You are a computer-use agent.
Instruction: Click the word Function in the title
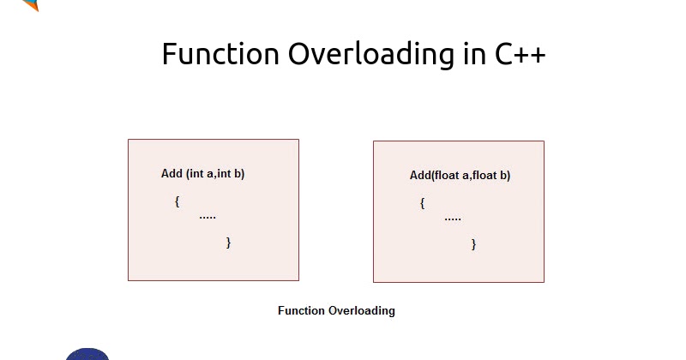pos(220,54)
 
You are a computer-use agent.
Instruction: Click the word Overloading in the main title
pos(369,54)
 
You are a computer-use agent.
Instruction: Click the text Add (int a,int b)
pos(203,173)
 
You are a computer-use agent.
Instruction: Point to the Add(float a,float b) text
pos(460,176)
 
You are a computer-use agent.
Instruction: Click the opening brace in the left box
pos(177,201)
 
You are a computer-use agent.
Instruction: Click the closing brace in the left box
pos(228,243)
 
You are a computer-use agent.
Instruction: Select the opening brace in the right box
pos(422,203)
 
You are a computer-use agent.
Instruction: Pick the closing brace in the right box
pos(473,244)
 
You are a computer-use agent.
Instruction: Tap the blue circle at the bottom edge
pos(87,354)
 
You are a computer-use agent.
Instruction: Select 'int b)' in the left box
pos(231,173)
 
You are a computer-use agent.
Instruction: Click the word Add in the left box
pos(171,173)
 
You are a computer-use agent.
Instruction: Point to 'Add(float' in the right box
pos(434,176)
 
